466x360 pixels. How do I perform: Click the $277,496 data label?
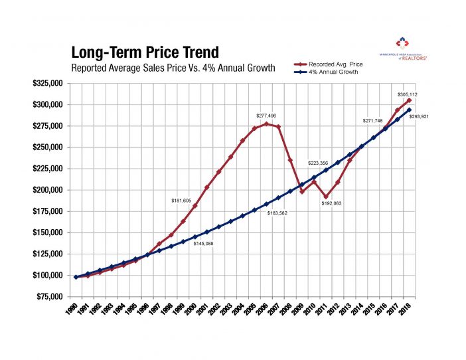pos(267,115)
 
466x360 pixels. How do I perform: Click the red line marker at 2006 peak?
pos(266,124)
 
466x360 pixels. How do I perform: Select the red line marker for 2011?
pos(326,197)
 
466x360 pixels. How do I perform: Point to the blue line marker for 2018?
pos(409,110)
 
